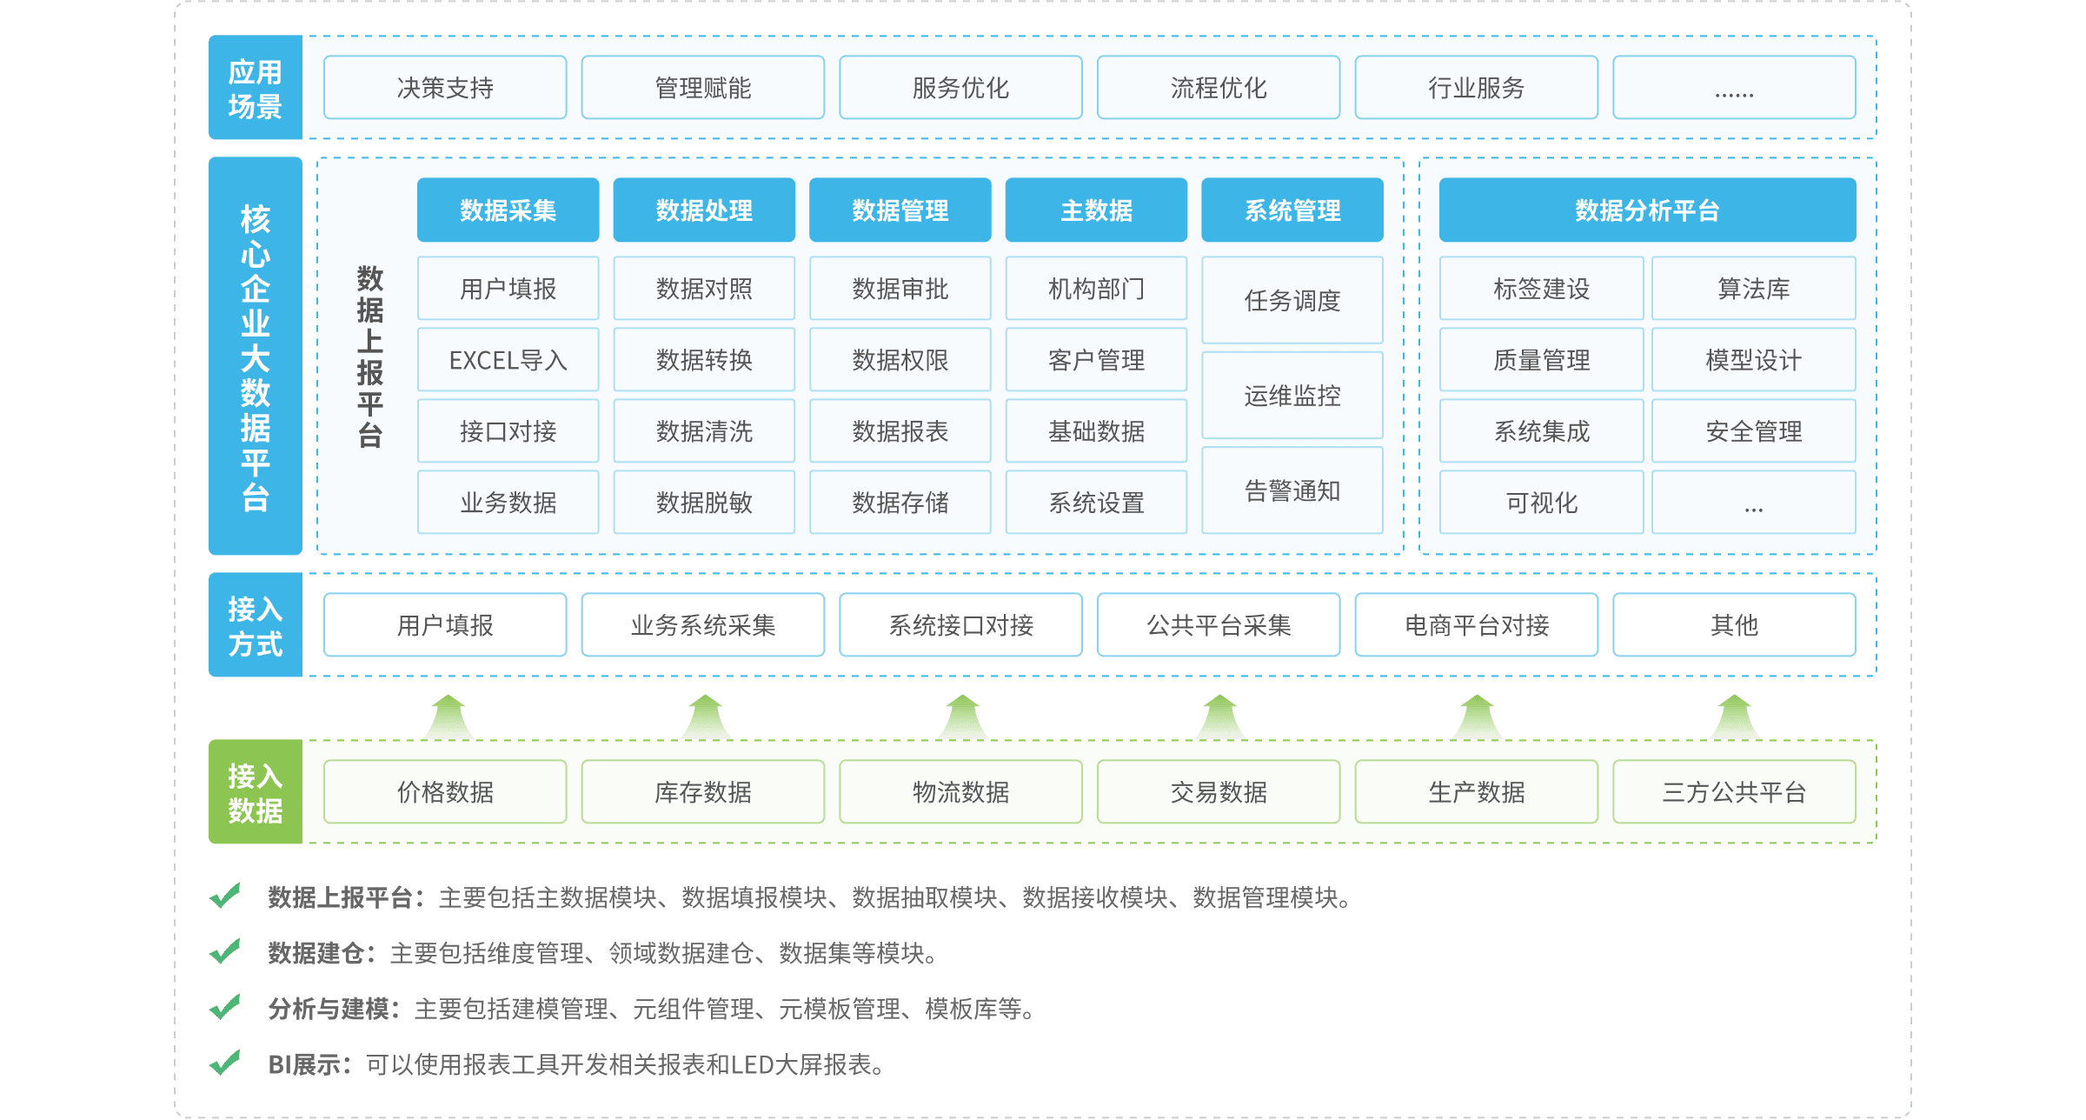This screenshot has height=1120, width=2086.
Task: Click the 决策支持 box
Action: [x=445, y=88]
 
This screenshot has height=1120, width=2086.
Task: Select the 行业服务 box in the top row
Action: [x=1476, y=88]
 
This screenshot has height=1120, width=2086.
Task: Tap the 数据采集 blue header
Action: [x=508, y=210]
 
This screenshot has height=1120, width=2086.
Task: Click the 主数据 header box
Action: [x=1096, y=210]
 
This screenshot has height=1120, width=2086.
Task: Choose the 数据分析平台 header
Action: [x=1647, y=210]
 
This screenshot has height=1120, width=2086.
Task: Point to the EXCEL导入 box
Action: [x=508, y=360]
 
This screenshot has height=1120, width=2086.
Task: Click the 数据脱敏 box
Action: [x=704, y=503]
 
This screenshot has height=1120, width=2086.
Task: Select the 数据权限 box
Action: [x=900, y=360]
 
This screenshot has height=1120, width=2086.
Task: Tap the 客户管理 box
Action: [x=1096, y=360]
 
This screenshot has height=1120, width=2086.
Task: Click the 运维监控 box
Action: [x=1292, y=396]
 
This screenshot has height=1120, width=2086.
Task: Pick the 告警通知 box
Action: [x=1292, y=490]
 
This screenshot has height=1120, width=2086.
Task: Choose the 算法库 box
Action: [x=1753, y=289]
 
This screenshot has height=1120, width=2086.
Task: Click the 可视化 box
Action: [x=1541, y=503]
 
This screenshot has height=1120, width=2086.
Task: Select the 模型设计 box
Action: [x=1753, y=360]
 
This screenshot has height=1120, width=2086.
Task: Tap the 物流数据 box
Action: [x=960, y=792]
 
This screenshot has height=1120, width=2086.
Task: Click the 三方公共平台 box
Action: [x=1734, y=792]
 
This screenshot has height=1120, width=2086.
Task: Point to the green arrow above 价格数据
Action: [x=448, y=717]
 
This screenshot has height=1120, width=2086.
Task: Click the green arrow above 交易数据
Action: [x=1219, y=717]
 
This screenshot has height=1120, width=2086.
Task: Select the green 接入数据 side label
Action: [x=255, y=792]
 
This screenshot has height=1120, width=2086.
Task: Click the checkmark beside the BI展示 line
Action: [x=225, y=1063]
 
